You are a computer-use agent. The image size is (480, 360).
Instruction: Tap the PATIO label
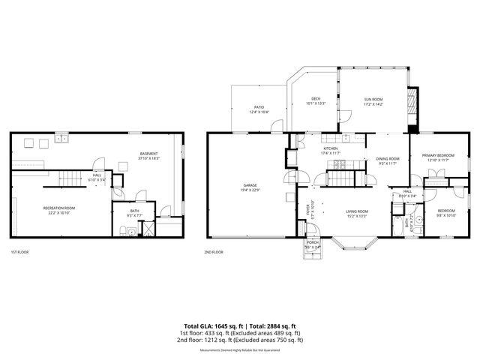click(x=259, y=107)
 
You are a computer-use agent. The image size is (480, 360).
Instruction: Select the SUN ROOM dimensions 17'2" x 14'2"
click(x=373, y=104)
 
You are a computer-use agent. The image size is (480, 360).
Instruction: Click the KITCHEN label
click(x=331, y=148)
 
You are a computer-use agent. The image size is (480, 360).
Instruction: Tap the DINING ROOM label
click(x=388, y=158)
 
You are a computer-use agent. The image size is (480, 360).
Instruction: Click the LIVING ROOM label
click(x=356, y=211)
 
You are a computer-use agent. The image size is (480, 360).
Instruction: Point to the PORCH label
click(x=310, y=244)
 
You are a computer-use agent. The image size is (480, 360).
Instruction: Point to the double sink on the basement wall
click(x=60, y=139)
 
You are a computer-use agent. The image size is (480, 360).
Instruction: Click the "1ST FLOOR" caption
click(x=19, y=252)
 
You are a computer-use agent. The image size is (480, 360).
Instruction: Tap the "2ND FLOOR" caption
click(x=214, y=252)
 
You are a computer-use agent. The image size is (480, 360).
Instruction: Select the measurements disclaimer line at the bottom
click(x=240, y=349)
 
